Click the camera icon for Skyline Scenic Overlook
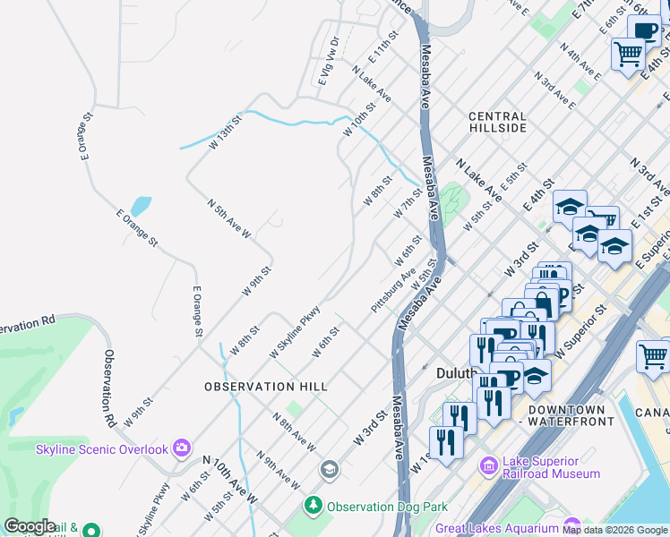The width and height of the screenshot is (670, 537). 183,447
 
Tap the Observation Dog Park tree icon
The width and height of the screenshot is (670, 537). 314,506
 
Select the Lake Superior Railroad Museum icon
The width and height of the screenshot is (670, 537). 489,465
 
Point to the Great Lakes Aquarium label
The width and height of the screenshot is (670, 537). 495,528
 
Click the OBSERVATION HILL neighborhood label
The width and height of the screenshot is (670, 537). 265,386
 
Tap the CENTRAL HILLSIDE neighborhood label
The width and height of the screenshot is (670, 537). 497,123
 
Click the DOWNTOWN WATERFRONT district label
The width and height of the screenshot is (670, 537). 572,415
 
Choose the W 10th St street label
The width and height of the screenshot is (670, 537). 359,121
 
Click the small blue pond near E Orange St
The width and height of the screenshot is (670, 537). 141,207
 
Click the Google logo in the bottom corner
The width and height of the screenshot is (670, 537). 30,526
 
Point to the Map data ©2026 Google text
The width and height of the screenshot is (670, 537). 614,530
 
